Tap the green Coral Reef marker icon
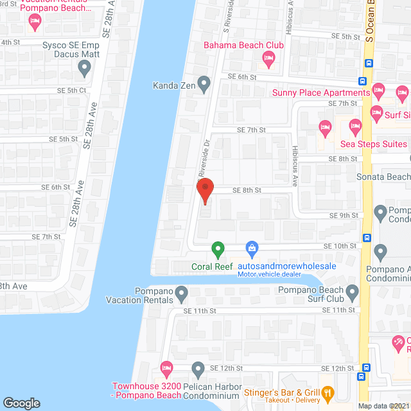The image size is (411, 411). coord(218,249)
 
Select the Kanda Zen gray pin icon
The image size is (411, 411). coord(204,83)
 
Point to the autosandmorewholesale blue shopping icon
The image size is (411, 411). coord(252,248)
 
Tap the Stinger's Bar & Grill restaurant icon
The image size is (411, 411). coord(328,391)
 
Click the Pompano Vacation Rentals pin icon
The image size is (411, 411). coord(182,295)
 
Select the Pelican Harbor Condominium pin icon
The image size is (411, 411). coord(198,370)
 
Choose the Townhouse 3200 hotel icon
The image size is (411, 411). coord(166,370)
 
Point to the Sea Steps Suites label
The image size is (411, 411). coord(373,144)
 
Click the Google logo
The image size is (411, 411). coord(21,403)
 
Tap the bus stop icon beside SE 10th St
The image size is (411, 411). coord(367,237)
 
